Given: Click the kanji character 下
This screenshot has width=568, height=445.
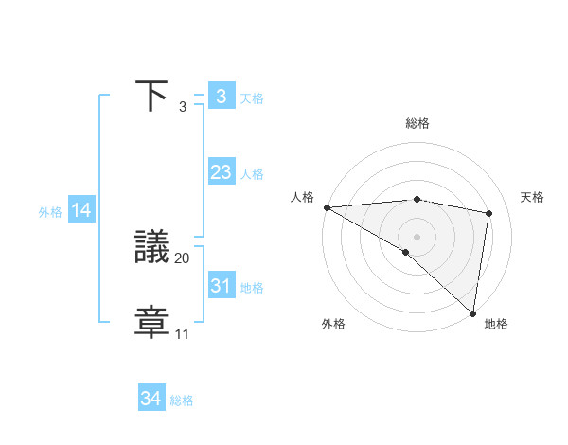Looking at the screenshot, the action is [152, 97].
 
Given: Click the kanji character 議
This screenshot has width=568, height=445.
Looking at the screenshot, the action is [152, 248].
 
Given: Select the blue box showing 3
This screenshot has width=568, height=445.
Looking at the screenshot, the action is [221, 97].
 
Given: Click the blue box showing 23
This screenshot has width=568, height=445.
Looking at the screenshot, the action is [221, 172].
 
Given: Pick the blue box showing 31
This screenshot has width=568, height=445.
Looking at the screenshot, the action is [221, 286].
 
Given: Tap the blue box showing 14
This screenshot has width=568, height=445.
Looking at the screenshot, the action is [80, 211].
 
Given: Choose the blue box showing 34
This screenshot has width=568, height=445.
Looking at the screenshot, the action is [151, 400].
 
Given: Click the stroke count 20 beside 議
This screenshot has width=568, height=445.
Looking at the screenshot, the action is [183, 258].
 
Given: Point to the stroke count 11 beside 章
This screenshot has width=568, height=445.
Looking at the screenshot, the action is [182, 333].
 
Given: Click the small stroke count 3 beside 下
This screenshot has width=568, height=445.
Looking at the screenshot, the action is [183, 107].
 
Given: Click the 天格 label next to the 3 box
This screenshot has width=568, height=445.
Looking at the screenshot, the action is [252, 98].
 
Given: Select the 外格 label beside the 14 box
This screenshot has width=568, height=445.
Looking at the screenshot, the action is [50, 212].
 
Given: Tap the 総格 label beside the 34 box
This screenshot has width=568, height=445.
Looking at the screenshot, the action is [182, 400].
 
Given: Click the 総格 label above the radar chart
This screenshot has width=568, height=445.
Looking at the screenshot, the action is [417, 123].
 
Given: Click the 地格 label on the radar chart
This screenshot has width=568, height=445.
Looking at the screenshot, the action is [496, 325].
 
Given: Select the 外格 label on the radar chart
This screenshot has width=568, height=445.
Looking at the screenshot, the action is [333, 325].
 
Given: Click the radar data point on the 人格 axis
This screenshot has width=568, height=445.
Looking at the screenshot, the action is [327, 207].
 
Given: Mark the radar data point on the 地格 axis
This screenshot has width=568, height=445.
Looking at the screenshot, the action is [472, 312].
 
